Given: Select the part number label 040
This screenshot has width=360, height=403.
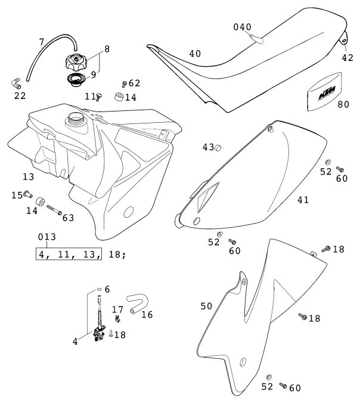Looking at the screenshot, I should tap(242, 27).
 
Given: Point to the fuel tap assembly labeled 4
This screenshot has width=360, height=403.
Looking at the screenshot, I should tap(98, 333).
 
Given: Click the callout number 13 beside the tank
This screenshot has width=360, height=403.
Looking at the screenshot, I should tap(28, 178).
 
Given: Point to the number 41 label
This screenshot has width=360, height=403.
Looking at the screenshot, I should tap(303, 200).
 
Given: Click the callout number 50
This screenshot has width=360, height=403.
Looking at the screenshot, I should tap(206, 306).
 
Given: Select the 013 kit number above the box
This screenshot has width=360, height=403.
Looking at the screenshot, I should tap(47, 237).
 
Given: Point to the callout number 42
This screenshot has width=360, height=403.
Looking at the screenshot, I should tap(348, 58).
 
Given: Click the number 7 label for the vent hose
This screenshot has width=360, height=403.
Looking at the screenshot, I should tap(41, 42).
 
